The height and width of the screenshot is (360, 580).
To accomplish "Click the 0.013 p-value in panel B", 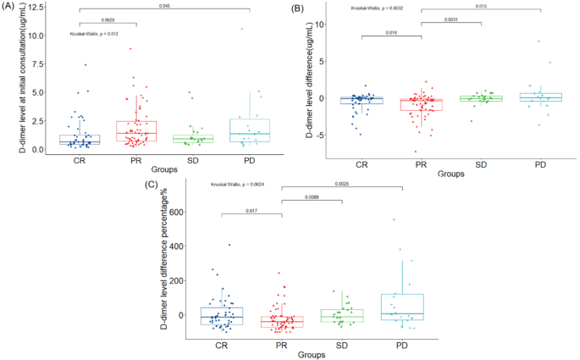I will coord(480,7).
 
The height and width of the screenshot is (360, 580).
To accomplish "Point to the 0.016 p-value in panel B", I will coord(392,32).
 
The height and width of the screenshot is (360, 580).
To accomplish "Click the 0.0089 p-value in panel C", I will coord(311,197).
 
